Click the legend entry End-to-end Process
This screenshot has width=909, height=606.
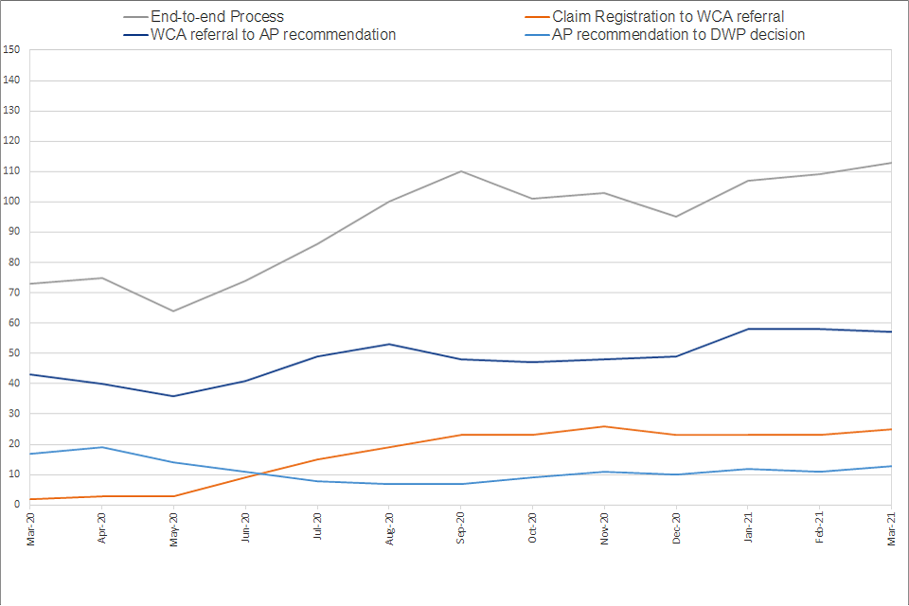tap(217, 16)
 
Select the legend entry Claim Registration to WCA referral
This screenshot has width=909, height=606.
tap(668, 16)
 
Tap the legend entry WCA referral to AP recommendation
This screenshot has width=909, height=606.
tap(273, 34)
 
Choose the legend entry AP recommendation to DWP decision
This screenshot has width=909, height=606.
tap(678, 34)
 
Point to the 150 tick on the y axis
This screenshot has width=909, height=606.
tap(12, 50)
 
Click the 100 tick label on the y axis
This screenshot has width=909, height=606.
tap(12, 202)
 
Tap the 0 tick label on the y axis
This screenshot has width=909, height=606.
tap(18, 505)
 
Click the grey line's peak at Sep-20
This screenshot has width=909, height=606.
tap(461, 171)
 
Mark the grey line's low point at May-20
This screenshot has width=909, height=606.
tap(173, 311)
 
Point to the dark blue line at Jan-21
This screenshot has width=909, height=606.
tap(748, 329)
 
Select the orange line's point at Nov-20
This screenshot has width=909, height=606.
tap(604, 426)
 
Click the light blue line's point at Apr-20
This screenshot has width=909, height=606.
tap(101, 447)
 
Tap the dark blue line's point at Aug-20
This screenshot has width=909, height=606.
tap(389, 344)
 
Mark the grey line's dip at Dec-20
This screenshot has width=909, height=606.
tap(676, 217)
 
